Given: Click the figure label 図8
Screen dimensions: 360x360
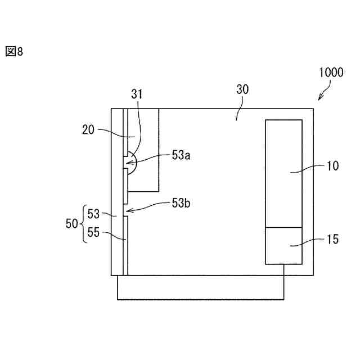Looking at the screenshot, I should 15,52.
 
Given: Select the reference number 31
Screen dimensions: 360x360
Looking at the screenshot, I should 137,94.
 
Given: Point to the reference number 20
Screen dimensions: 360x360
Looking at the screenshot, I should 89,129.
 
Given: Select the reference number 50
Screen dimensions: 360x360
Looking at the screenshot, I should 72,223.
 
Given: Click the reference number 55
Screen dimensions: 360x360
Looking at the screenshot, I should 93,232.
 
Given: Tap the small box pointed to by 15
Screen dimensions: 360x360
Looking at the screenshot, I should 284,245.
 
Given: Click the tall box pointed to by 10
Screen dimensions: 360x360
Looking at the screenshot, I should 284,173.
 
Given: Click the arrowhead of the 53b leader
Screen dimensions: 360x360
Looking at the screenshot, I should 128,212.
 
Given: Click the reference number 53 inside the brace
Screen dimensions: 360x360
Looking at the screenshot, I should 93,214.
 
